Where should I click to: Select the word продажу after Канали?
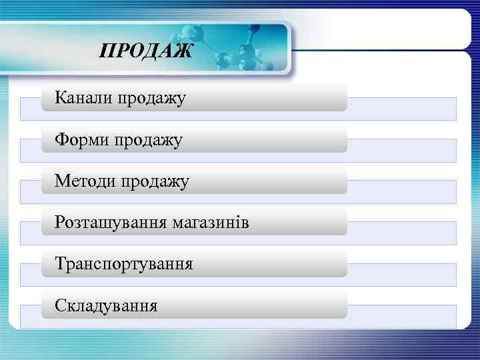(152, 99)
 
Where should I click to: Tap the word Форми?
(82, 140)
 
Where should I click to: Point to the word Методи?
(85, 181)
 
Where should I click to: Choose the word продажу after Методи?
(155, 182)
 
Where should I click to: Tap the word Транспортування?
(124, 264)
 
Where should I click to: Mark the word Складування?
(107, 305)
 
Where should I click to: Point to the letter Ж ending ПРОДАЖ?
(183, 51)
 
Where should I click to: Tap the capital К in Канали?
(61, 99)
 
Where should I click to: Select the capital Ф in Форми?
(61, 140)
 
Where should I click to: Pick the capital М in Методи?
(62, 181)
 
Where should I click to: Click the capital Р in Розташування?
(60, 223)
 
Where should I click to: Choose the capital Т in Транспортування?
(61, 263)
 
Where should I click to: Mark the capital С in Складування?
(61, 305)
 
